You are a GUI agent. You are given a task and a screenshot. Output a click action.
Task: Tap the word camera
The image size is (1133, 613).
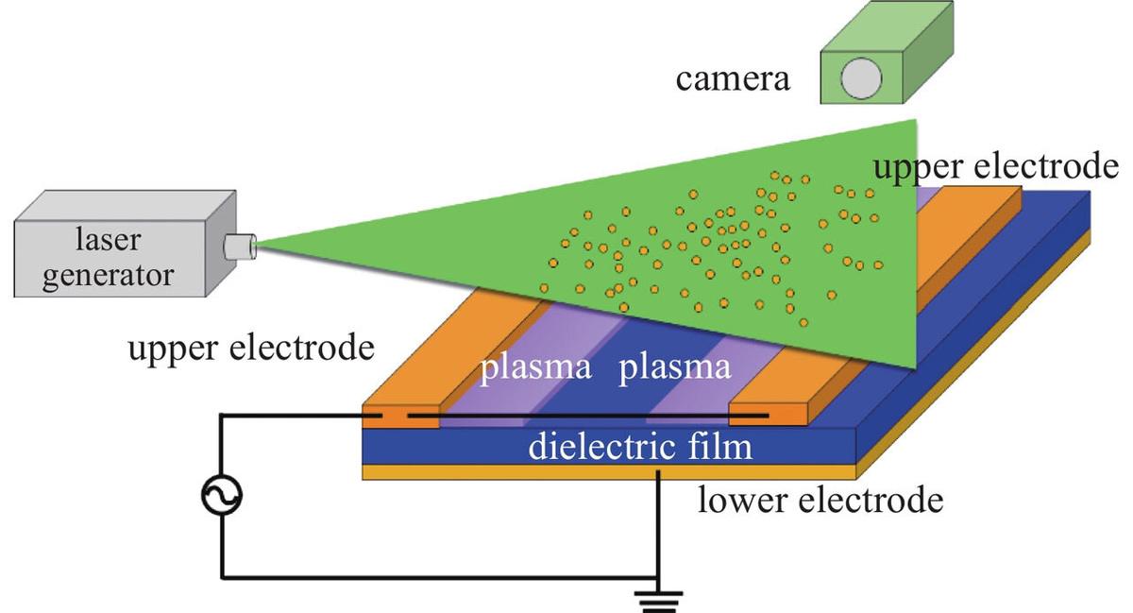[732, 78]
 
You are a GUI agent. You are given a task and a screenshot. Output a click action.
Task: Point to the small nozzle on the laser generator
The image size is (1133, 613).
[239, 247]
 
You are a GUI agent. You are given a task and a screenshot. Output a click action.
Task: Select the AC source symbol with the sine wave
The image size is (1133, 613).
[223, 494]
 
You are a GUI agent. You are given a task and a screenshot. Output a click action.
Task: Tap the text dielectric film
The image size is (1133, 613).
[640, 445]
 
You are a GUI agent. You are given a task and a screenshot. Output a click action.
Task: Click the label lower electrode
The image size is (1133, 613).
[820, 499]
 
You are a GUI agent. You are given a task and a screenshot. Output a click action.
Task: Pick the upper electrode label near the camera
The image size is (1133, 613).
[996, 167]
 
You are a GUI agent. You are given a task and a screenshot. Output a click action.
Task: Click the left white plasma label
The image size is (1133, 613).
[536, 367]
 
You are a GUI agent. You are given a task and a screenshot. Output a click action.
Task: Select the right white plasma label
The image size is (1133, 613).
[675, 367]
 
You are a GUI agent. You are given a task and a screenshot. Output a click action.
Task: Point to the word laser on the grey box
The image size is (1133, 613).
[108, 240]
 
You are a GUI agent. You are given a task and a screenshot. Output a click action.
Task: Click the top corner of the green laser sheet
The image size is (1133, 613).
[916, 120]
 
